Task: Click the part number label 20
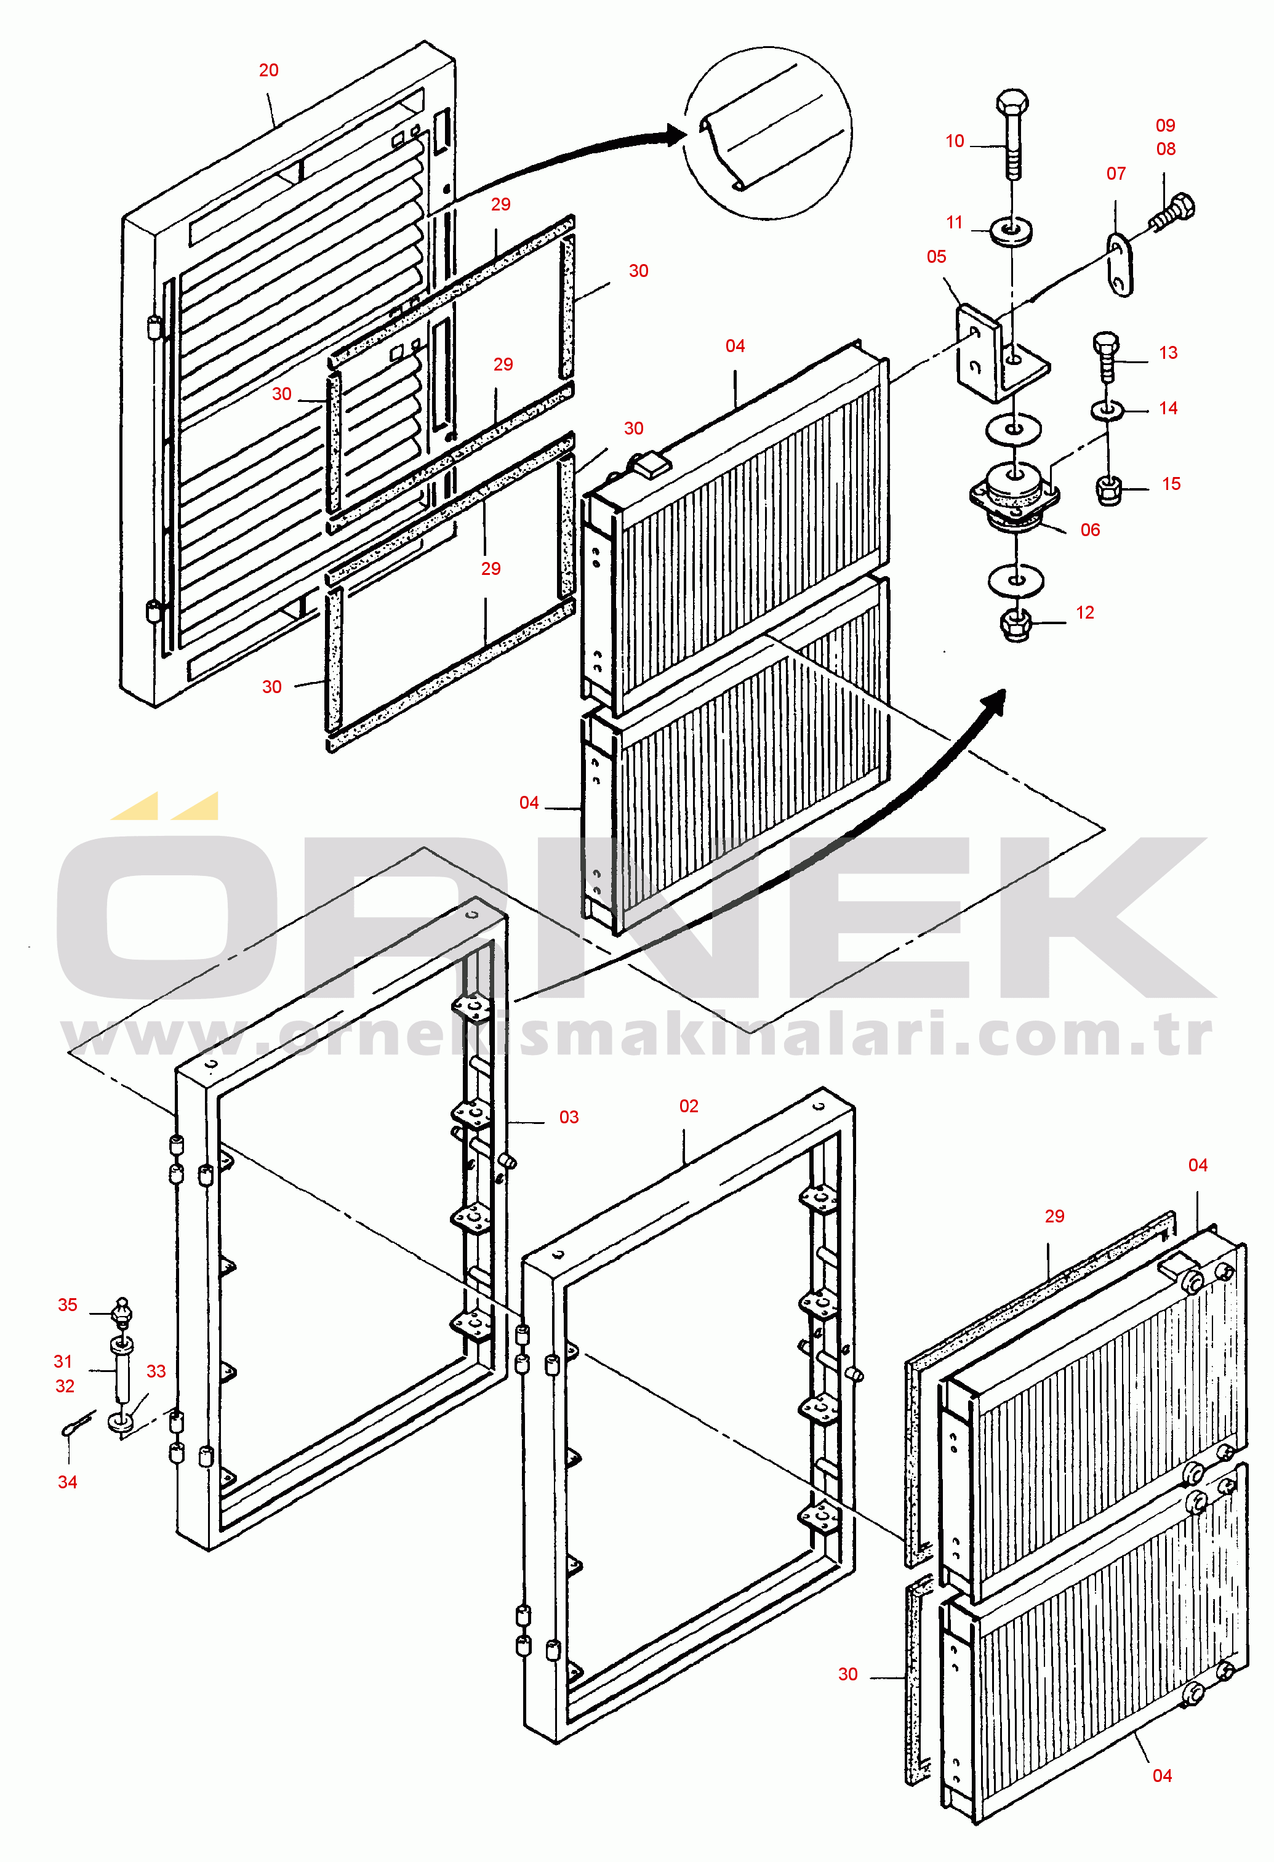(x=268, y=71)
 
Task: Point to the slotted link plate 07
(x=1120, y=265)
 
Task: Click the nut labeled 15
(x=1108, y=489)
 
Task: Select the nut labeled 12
(x=1017, y=625)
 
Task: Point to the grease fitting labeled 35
(x=122, y=1312)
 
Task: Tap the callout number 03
(x=569, y=1117)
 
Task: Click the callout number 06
(x=1091, y=529)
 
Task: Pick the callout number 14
(x=1168, y=408)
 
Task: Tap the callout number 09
(x=1166, y=125)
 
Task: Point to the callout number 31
(x=63, y=1361)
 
